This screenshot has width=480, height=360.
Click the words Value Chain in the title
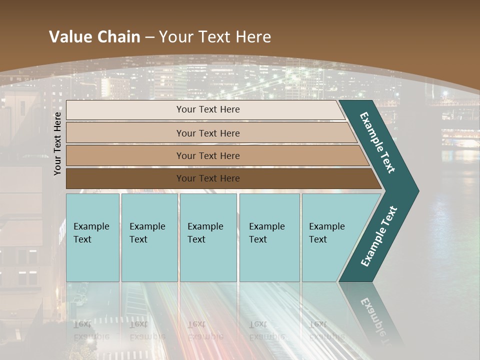tap(94, 36)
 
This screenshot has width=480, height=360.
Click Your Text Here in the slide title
tap(215, 36)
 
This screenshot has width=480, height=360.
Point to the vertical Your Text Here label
tap(57, 143)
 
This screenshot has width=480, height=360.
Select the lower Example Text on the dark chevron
tap(379, 236)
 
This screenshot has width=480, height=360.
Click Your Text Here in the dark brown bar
tap(208, 178)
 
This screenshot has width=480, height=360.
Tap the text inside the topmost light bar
tap(208, 109)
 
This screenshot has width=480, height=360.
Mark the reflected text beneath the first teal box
tap(91, 330)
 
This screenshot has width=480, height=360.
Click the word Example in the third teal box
tap(205, 226)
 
